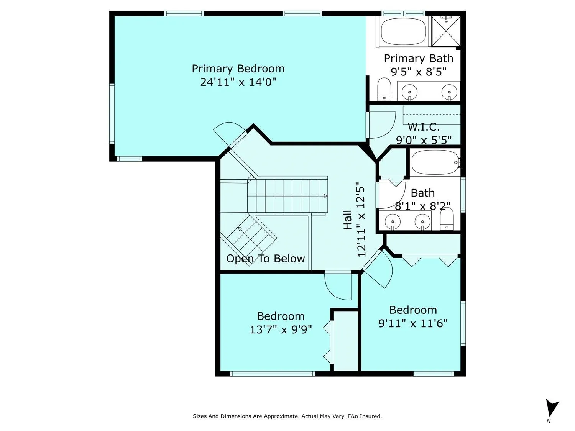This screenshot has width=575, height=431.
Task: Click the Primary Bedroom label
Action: click(x=238, y=69)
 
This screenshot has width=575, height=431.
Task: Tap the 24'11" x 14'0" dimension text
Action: click(x=238, y=82)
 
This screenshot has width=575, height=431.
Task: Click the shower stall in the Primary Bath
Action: click(x=446, y=31)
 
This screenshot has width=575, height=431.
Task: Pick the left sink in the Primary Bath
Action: click(x=409, y=92)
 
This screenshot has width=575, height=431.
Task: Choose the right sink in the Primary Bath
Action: click(x=449, y=92)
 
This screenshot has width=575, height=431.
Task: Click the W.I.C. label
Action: click(x=423, y=127)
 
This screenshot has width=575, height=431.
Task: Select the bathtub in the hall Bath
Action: click(x=435, y=162)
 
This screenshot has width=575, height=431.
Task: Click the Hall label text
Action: click(x=348, y=220)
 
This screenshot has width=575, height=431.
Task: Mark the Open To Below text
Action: click(x=265, y=259)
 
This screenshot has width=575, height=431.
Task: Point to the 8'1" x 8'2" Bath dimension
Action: click(x=422, y=206)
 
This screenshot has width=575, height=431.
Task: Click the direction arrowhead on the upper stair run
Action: click(x=325, y=196)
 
